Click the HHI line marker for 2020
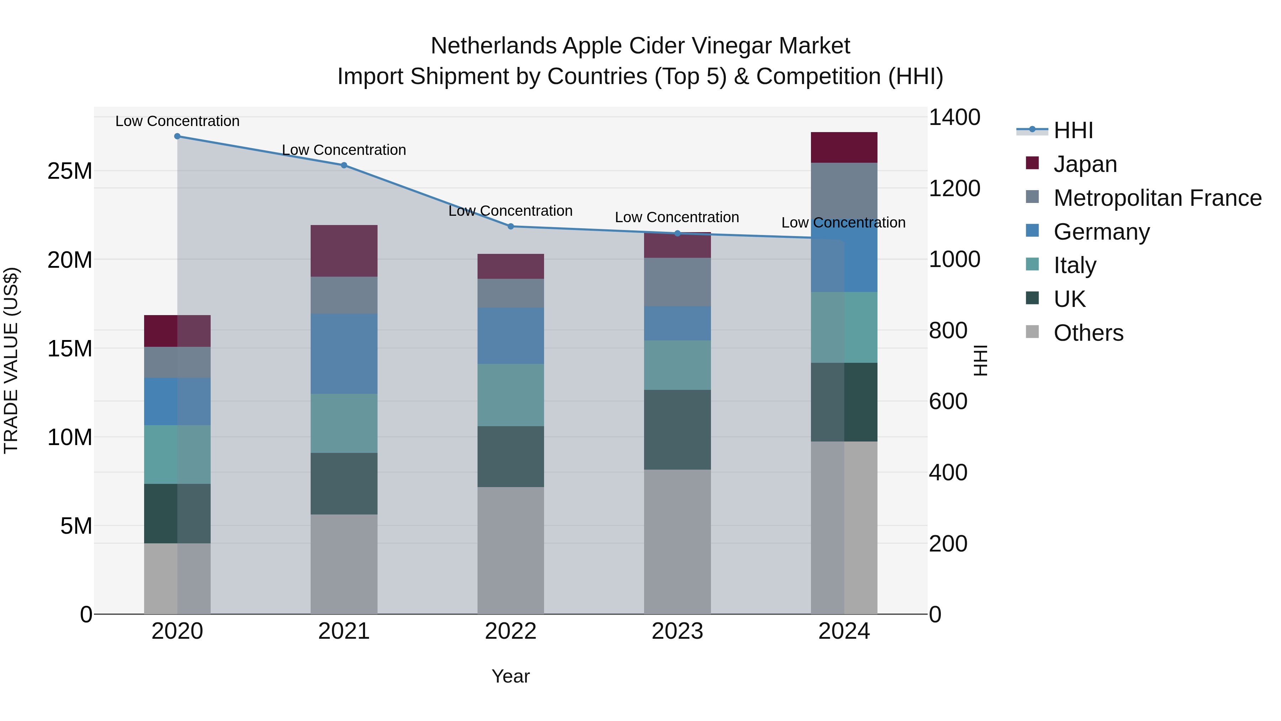[x=178, y=136]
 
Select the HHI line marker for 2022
[x=511, y=226]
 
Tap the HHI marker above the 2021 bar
[x=344, y=165]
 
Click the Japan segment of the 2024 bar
[x=844, y=148]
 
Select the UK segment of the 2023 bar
[x=677, y=429]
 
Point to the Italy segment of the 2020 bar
[x=178, y=454]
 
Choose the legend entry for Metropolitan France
[x=1157, y=198]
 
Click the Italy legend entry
[x=1075, y=265]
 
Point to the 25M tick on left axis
[x=70, y=171]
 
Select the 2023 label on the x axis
[x=677, y=631]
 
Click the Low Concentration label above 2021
[x=344, y=150]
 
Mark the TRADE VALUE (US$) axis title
[x=11, y=360]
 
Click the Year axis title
[x=511, y=676]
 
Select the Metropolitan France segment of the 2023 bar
[x=677, y=282]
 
